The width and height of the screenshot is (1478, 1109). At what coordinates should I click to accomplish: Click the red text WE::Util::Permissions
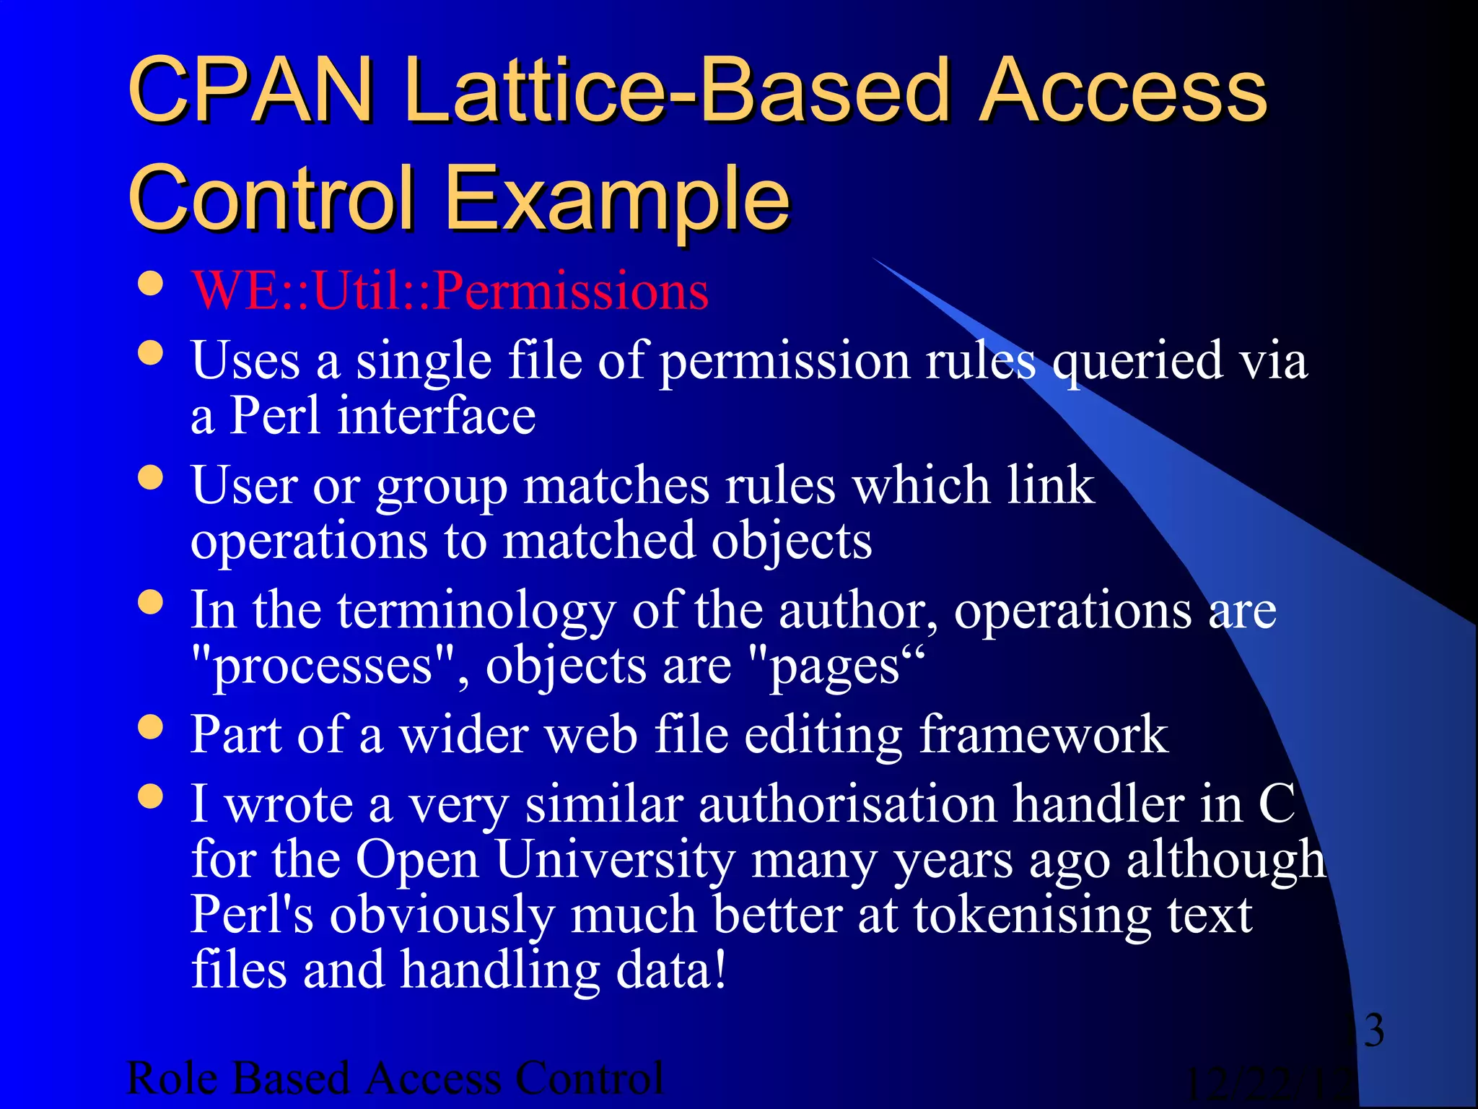coord(450,291)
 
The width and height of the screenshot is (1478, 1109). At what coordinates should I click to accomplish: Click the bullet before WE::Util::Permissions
coord(150,284)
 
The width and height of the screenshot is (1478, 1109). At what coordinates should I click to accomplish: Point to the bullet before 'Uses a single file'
coord(150,354)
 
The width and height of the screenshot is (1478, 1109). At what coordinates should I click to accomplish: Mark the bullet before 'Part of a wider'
coord(150,727)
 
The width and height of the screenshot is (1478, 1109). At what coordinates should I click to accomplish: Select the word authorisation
coord(847,804)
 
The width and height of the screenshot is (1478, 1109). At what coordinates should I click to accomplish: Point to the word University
coord(615,860)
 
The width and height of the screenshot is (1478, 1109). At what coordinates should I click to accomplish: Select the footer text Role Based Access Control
coord(395,1079)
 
